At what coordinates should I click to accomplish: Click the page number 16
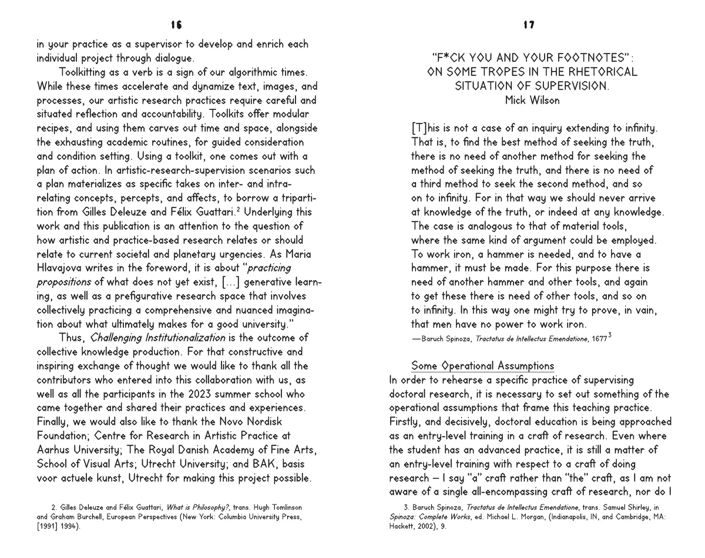coord(176,25)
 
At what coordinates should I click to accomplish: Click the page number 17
coord(529,25)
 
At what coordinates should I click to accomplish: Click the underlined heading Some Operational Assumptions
coord(482,366)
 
